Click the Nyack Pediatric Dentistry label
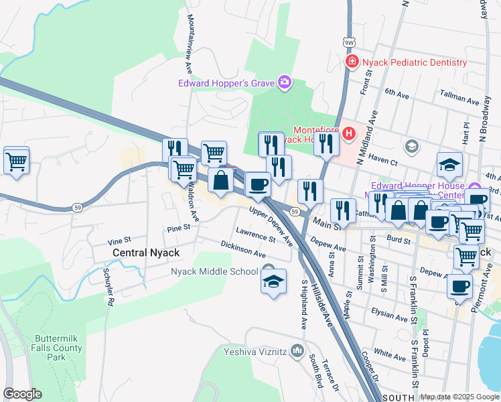click(x=414, y=62)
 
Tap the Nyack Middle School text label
click(x=214, y=271)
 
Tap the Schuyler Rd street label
click(x=108, y=287)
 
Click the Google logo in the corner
click(x=22, y=394)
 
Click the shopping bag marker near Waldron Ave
click(x=220, y=181)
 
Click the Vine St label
click(x=118, y=241)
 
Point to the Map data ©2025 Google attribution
click(x=459, y=397)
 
